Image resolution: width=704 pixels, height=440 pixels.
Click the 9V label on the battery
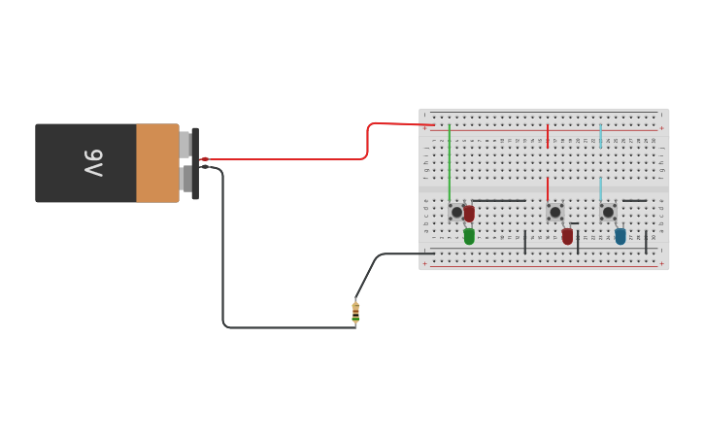coord(92,162)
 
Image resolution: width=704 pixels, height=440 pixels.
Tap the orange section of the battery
coord(156,163)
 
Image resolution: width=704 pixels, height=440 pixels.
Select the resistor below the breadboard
coord(355,312)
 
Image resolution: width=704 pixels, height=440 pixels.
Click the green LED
coord(469,236)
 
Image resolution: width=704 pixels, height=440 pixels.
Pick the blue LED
coord(620,236)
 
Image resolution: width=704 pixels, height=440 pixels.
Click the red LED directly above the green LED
coord(469,213)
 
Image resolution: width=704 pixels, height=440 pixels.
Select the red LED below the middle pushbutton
coord(567,236)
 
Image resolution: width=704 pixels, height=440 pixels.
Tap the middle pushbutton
coord(554,212)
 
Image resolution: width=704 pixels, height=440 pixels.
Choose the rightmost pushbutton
coord(608,212)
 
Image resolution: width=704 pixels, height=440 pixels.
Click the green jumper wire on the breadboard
coord(449,160)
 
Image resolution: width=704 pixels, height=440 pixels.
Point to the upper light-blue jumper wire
coord(600,135)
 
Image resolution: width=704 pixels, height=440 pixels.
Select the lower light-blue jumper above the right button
coord(600,187)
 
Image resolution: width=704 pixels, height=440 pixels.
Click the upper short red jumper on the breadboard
coord(548,135)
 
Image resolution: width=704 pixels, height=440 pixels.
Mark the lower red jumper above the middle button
coord(548,187)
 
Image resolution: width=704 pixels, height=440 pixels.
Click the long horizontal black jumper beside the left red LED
coord(499,201)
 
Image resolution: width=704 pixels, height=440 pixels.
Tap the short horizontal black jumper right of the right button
coord(634,201)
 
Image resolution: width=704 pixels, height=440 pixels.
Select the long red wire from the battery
coord(291,158)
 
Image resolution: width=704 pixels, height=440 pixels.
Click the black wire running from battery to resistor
coord(223,253)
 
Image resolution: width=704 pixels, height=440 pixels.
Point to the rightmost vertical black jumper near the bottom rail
coord(646,242)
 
